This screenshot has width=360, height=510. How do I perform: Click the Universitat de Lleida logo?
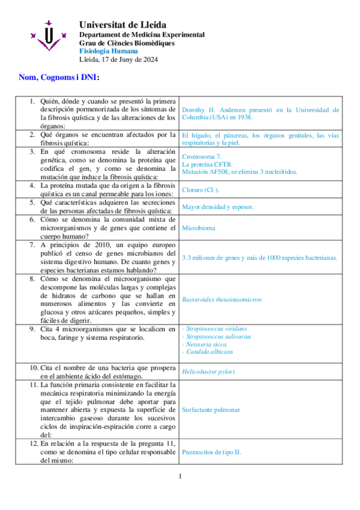[47, 35]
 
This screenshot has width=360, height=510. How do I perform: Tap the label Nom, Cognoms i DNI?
[58, 78]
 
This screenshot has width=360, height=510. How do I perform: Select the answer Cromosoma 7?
[202, 156]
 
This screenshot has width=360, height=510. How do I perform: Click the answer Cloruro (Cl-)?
[201, 190]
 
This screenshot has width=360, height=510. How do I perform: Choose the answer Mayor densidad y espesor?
[218, 207]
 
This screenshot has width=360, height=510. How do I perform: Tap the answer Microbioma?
[198, 229]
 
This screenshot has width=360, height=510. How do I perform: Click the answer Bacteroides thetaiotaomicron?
[222, 299]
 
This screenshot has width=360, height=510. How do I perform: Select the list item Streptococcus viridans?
[216, 329]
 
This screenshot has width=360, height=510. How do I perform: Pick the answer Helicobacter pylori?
[209, 372]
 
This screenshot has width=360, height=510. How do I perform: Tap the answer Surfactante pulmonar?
[211, 410]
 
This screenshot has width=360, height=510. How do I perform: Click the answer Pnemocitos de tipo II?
[212, 453]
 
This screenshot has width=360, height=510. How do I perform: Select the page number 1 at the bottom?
[180, 476]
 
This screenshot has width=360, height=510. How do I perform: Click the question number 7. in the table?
[33, 245]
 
